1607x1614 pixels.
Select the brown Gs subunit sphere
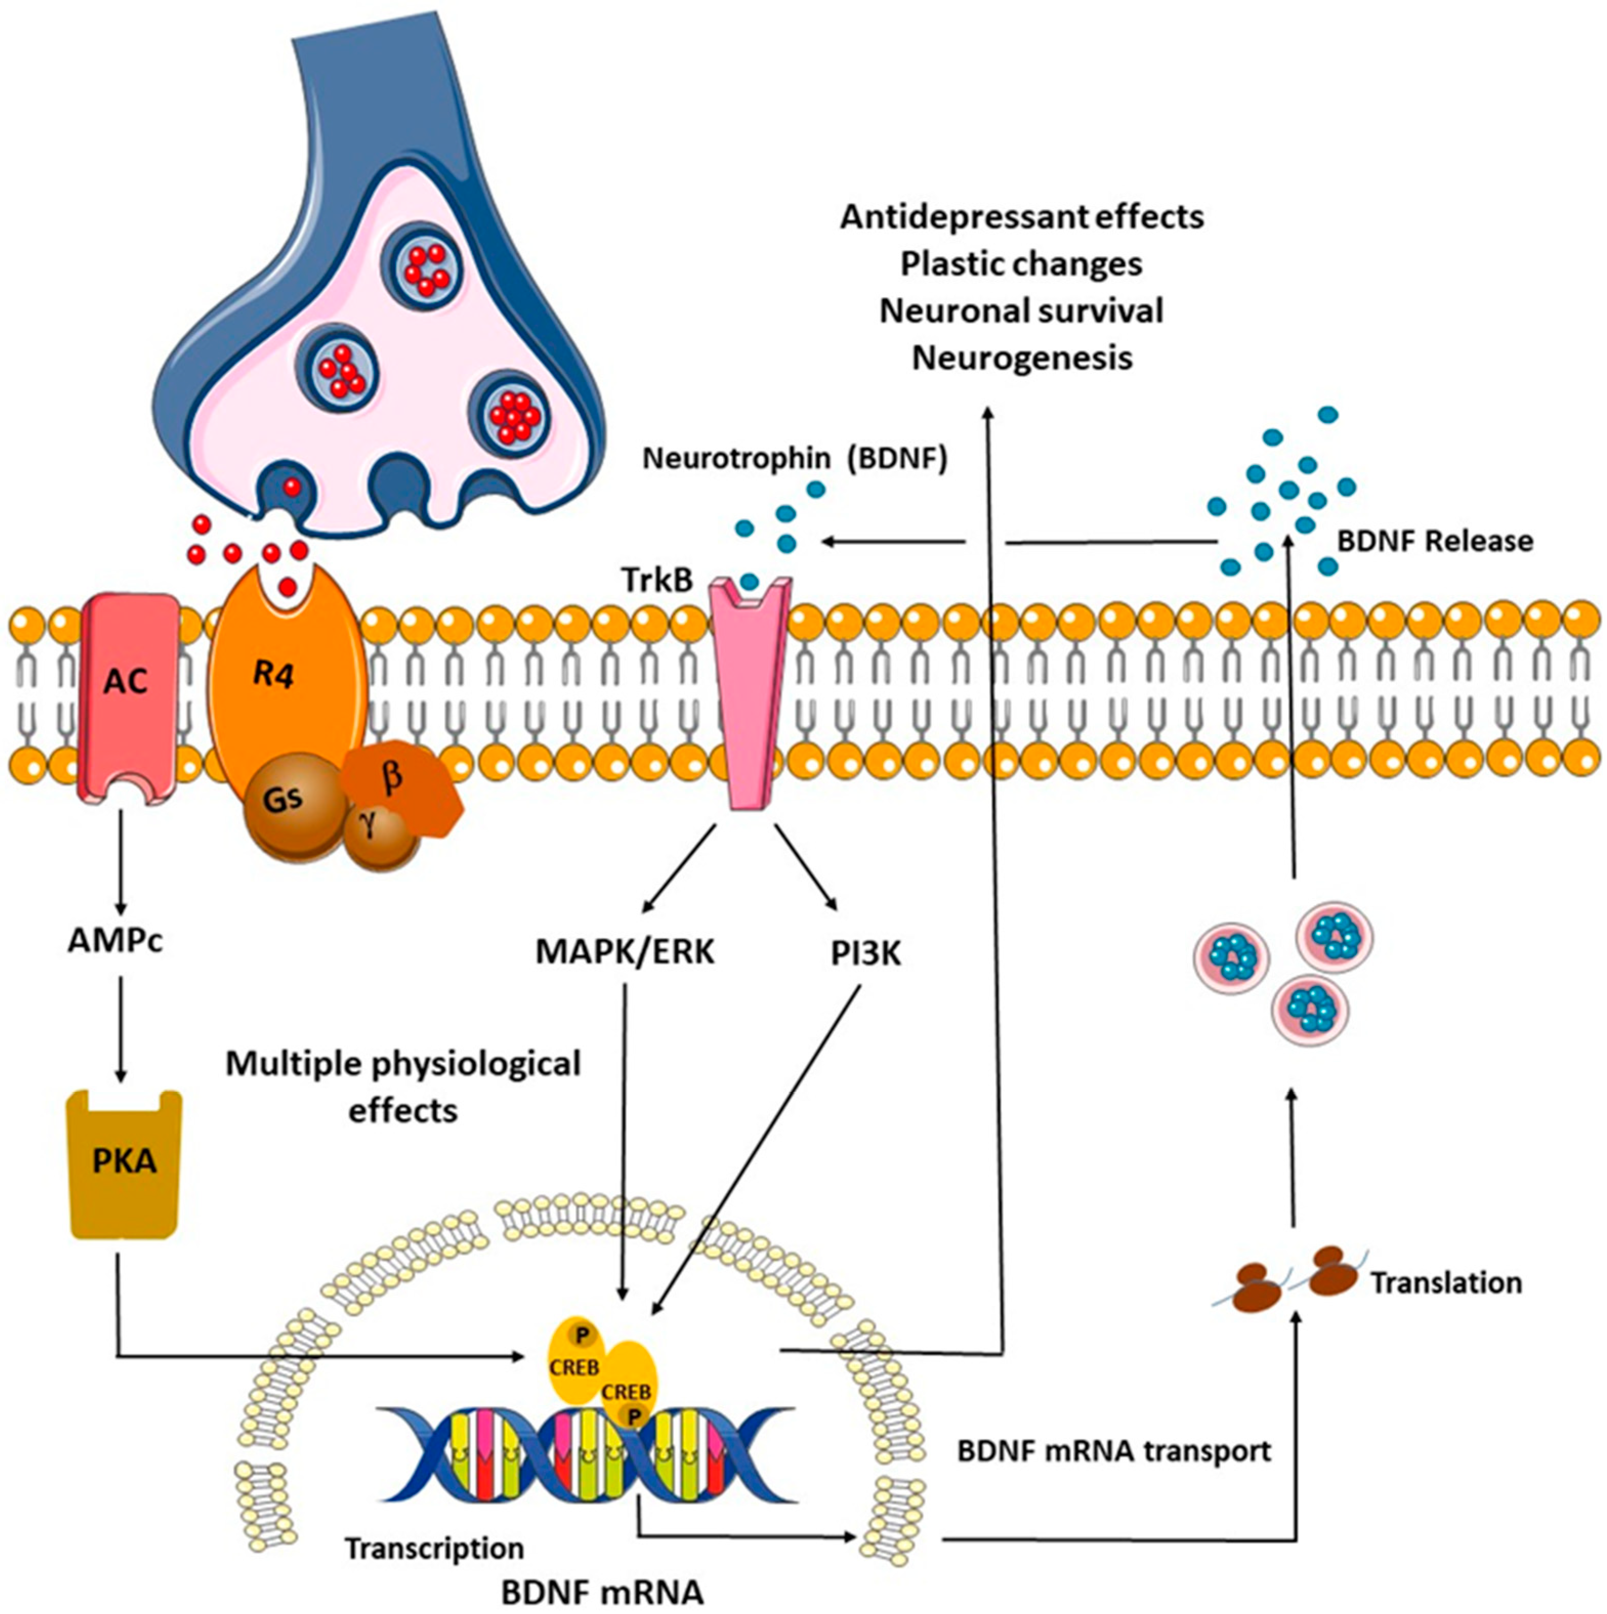(x=284, y=800)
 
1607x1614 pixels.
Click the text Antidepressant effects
(x=1022, y=217)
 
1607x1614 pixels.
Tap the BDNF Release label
(x=1435, y=541)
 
